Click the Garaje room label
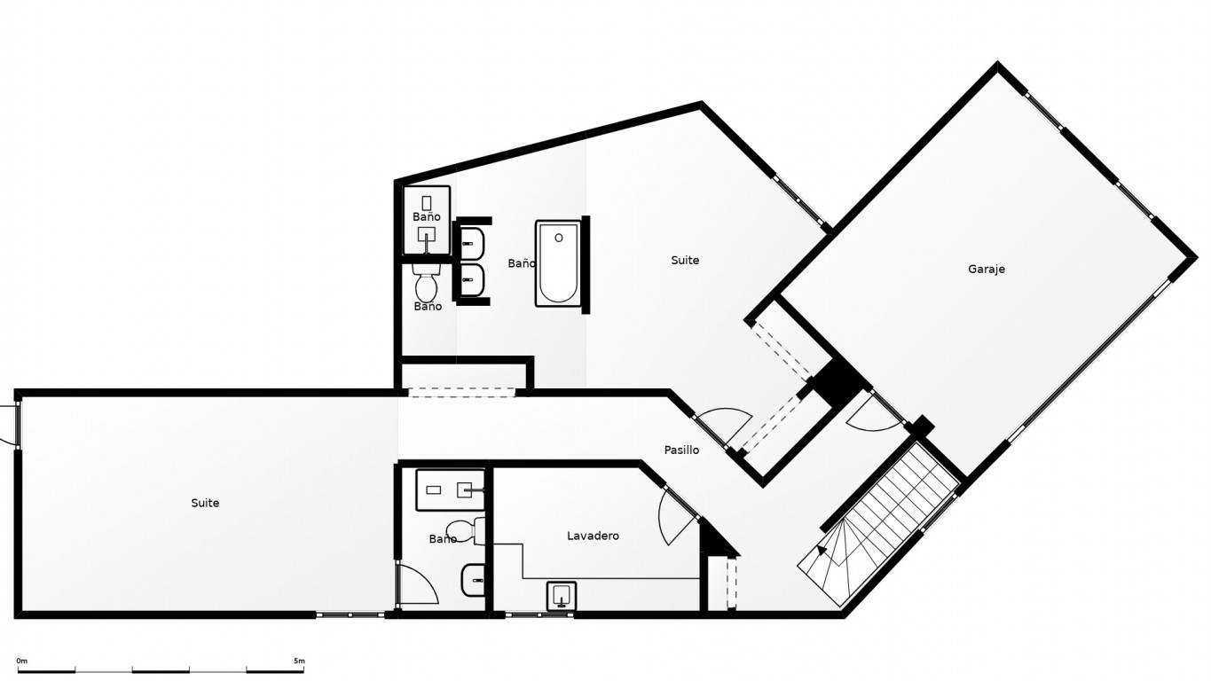tap(987, 270)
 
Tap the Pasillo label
tap(681, 450)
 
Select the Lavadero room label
tap(593, 536)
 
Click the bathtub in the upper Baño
tap(558, 263)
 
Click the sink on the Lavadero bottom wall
tap(562, 596)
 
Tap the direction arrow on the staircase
tap(822, 550)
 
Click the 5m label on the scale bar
tap(299, 661)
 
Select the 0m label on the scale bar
tap(21, 661)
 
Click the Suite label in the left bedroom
tap(205, 503)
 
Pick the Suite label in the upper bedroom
tap(685, 260)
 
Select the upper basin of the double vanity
tap(472, 243)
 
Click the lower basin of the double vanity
tap(472, 280)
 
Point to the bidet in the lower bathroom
tap(473, 579)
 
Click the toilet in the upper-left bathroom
tap(427, 282)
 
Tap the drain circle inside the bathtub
tap(558, 238)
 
